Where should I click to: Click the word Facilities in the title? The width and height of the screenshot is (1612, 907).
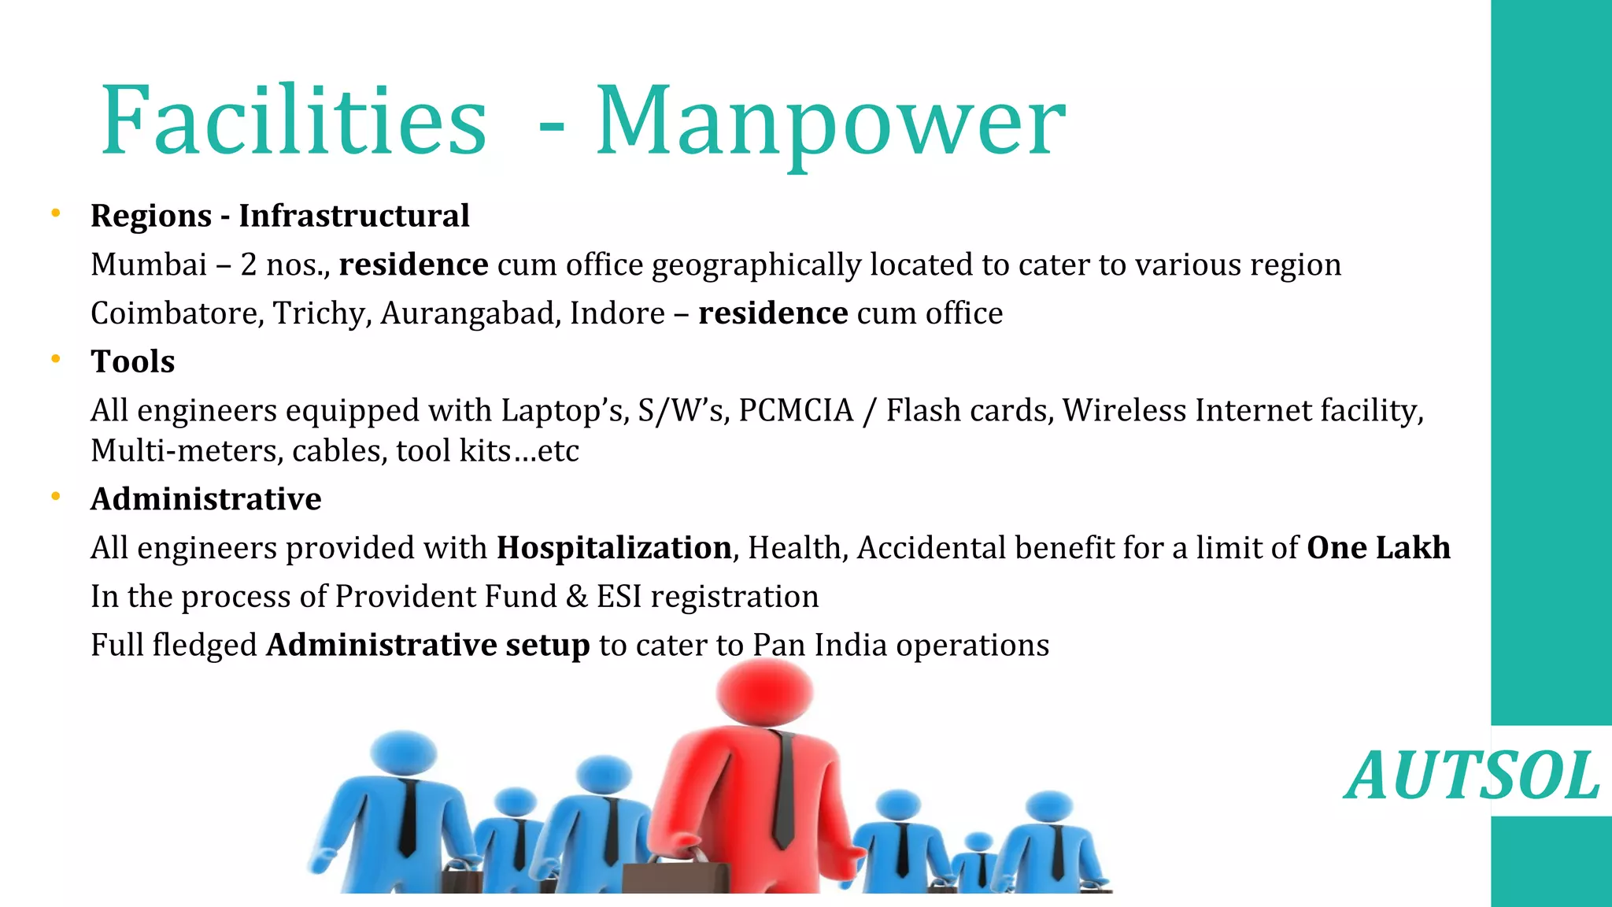[x=294, y=120]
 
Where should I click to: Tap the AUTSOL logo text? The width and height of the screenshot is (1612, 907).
[x=1471, y=776]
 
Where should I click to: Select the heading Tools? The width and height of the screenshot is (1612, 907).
[x=132, y=361]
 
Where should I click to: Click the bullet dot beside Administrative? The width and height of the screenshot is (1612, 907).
[x=56, y=496]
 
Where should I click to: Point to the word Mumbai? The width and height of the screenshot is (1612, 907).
[x=148, y=265]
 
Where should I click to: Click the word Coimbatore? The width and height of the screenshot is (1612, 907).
[x=176, y=313]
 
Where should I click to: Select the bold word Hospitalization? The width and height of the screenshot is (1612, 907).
[x=614, y=548]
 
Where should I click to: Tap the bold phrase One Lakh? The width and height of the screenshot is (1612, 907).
[x=1378, y=548]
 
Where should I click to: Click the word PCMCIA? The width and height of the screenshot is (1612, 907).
[x=795, y=411]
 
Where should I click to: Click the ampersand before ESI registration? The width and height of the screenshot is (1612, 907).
[x=576, y=597]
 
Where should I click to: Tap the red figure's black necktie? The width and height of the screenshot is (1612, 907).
[x=783, y=787]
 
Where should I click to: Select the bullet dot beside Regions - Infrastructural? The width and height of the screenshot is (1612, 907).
[x=56, y=213]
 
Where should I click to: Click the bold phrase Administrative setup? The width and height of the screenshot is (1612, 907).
[x=427, y=646]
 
